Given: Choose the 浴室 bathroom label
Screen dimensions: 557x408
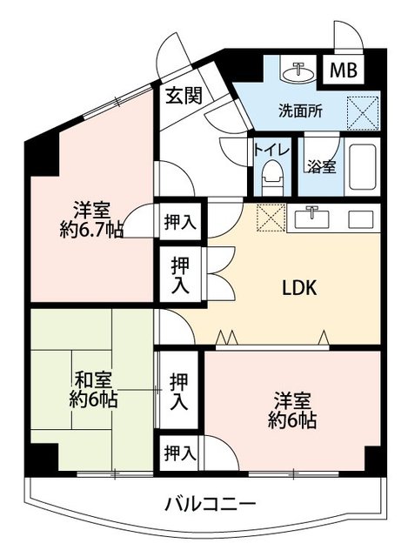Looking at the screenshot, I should pyautogui.click(x=323, y=164).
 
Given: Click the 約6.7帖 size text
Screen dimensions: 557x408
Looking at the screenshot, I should pyautogui.click(x=90, y=231).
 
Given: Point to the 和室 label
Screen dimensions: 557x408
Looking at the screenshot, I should pyautogui.click(x=91, y=380).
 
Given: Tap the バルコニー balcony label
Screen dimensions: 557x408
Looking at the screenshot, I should pyautogui.click(x=209, y=503).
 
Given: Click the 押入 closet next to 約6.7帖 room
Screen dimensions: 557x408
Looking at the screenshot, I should pyautogui.click(x=180, y=223).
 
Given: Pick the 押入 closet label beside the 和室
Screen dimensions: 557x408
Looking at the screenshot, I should pyautogui.click(x=180, y=391).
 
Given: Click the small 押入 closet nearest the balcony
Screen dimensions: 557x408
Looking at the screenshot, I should pyautogui.click(x=180, y=453).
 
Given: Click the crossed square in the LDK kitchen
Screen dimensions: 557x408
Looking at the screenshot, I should pyautogui.click(x=271, y=217).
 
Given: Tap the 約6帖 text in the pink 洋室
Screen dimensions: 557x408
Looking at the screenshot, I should pyautogui.click(x=292, y=419).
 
